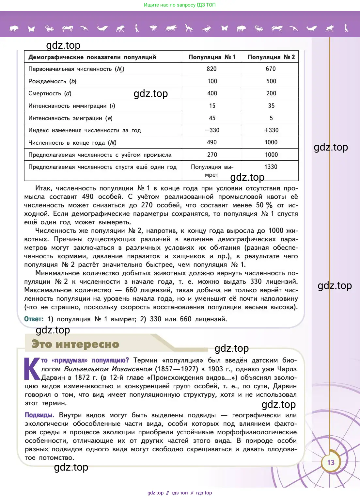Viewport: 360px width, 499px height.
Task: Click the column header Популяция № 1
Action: coord(212,57)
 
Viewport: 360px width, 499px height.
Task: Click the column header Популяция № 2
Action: coord(271,57)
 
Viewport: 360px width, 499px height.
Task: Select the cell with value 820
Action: coord(211,69)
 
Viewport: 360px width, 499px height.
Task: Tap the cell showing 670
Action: coord(271,69)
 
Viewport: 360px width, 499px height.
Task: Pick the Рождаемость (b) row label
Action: coord(52,81)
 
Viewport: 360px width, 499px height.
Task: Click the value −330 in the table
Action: coord(212,130)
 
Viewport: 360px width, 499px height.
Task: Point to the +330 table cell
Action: coord(271,130)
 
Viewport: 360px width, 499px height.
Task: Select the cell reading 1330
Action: coord(271,167)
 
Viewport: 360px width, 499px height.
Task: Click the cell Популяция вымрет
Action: coord(212,171)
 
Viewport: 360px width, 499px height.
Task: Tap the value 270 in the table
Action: coord(212,155)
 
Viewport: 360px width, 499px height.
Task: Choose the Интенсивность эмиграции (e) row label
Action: coord(70,118)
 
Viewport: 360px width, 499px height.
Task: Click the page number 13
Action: coord(331,462)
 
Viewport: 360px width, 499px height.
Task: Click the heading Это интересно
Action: coord(75,344)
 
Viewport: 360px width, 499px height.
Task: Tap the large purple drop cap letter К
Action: coord(32,369)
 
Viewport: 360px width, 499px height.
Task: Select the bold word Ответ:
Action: coord(34,319)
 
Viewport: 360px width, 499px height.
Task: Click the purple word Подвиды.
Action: coord(39,415)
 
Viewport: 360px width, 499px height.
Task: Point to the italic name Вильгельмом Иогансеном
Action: coord(108,369)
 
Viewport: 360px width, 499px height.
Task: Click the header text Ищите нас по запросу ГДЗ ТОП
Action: coord(180,5)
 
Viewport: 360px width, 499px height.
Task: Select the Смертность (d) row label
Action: coord(50,93)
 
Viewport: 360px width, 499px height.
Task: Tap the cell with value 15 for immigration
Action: coord(212,106)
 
